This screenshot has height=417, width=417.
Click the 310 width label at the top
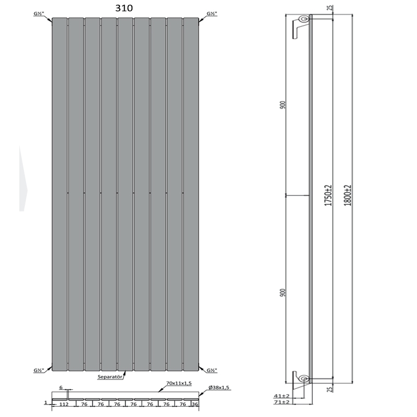[x=124, y=8]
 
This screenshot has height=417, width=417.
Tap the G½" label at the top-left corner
[x=39, y=14]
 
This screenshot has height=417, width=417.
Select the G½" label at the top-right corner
[x=212, y=14]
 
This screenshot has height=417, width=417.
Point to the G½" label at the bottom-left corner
[x=39, y=370]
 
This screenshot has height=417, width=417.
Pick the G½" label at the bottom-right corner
[x=212, y=370]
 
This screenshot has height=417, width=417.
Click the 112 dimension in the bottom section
[x=63, y=403]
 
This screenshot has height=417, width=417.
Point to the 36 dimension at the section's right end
[x=195, y=403]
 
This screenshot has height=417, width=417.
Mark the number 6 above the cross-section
[x=61, y=388]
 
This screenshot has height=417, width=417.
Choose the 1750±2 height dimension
[x=328, y=195]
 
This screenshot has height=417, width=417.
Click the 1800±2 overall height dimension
[x=348, y=195]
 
